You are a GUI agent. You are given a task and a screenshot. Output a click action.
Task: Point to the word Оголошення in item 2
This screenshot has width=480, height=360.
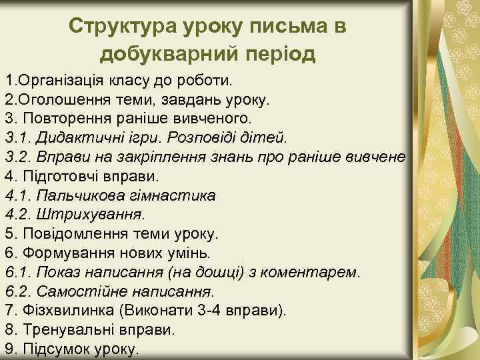click(59, 100)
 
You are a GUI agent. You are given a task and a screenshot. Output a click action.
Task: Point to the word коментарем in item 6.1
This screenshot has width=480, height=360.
click(311, 273)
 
